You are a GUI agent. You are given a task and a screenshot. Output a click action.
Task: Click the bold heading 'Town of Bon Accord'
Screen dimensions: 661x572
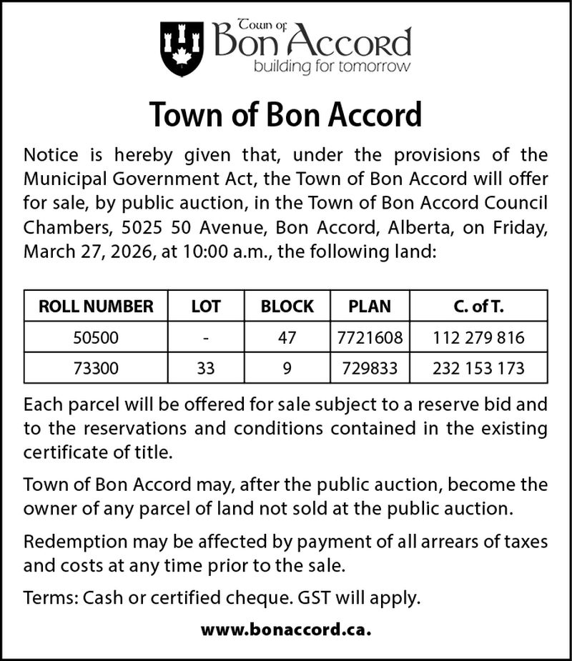[x=286, y=114]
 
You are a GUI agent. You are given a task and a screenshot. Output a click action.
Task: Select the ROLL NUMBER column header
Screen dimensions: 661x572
[x=96, y=307]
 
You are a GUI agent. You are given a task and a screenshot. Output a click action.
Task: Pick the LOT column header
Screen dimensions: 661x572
[x=206, y=307]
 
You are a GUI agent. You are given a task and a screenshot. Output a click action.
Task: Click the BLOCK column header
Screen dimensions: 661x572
[x=287, y=307]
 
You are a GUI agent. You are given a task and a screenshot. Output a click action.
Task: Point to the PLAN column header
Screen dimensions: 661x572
[x=370, y=307]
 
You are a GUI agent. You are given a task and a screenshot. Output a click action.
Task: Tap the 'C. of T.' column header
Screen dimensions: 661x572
[x=478, y=307]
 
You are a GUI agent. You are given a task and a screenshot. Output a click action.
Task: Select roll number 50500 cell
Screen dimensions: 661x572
[x=96, y=337]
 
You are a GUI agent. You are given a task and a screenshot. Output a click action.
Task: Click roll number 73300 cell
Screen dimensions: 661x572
[x=96, y=369]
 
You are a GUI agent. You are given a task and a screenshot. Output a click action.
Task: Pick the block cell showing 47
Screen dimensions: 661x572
[x=287, y=337]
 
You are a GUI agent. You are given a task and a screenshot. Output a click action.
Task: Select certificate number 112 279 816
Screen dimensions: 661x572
[x=478, y=337]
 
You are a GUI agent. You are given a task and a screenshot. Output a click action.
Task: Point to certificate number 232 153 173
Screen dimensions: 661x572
[x=478, y=369]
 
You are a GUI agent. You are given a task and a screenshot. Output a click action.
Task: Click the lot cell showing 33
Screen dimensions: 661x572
[x=206, y=369]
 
